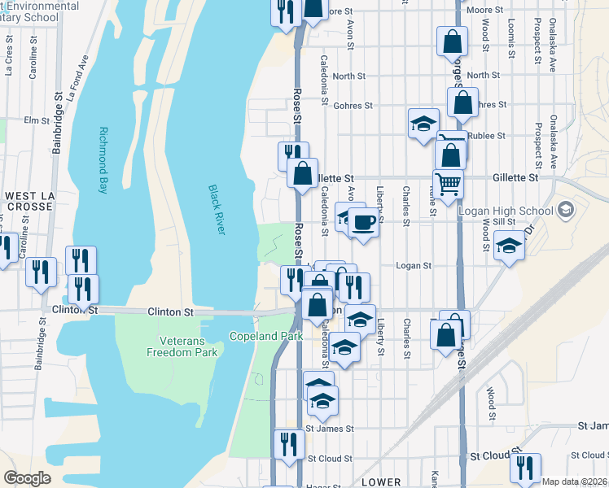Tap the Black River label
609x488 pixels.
click(x=217, y=210)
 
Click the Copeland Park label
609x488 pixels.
click(x=265, y=336)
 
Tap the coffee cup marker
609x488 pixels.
click(x=364, y=221)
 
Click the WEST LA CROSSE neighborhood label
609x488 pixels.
click(x=29, y=201)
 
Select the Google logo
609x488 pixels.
click(x=27, y=478)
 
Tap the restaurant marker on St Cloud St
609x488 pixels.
click(x=289, y=444)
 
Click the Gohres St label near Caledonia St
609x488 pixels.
click(x=352, y=106)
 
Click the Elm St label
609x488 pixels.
click(x=37, y=120)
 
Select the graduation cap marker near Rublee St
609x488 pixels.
click(x=423, y=124)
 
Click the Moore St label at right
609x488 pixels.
click(x=484, y=11)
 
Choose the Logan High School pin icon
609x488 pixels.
click(x=565, y=211)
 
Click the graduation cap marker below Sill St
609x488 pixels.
click(x=509, y=245)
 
